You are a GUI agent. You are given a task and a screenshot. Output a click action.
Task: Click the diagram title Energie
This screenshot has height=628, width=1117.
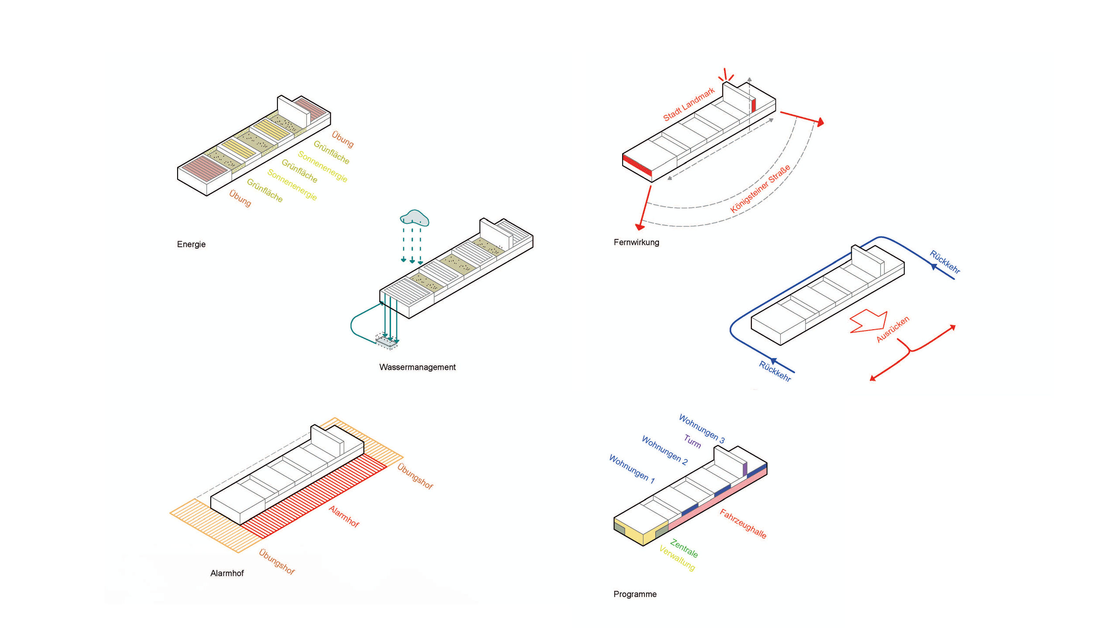[x=191, y=244]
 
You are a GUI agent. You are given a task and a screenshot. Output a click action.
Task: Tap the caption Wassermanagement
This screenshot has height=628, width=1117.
[x=417, y=367]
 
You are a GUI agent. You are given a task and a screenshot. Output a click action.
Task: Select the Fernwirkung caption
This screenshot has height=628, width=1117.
[x=636, y=242]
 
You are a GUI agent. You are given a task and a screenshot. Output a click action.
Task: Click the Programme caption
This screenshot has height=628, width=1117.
[x=635, y=594]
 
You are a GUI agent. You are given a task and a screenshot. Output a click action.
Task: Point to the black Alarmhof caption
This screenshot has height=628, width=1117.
[x=227, y=573]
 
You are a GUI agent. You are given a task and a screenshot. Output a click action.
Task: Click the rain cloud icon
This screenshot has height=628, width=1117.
[x=415, y=218]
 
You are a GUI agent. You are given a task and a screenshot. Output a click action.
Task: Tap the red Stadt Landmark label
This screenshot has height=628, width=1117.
[x=689, y=104]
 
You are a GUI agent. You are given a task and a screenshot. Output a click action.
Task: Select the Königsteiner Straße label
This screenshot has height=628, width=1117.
[x=760, y=188]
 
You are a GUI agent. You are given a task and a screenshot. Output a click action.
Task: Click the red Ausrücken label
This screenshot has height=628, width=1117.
[x=893, y=329]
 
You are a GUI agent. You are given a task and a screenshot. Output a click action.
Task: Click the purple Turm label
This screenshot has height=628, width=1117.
[x=692, y=441]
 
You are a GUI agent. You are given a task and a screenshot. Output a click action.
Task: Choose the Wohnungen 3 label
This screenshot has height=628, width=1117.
[x=702, y=429]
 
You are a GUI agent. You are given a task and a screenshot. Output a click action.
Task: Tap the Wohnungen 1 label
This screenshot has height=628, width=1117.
[x=631, y=469]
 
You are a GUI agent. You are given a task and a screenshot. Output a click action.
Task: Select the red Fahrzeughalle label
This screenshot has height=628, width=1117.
[x=743, y=524]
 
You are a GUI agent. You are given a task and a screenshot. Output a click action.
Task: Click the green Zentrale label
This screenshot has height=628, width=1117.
[x=684, y=548]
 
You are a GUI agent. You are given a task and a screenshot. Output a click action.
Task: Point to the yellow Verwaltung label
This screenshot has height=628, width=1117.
[x=677, y=558]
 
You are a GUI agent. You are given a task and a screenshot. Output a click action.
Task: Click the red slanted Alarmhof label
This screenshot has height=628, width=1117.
[x=344, y=516]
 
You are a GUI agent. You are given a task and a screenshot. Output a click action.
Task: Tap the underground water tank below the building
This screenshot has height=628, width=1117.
[x=387, y=341]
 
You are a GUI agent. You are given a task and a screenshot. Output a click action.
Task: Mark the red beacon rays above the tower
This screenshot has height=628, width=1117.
[x=726, y=75]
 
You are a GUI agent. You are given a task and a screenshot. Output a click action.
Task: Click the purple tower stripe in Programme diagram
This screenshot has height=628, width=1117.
[x=745, y=469]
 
